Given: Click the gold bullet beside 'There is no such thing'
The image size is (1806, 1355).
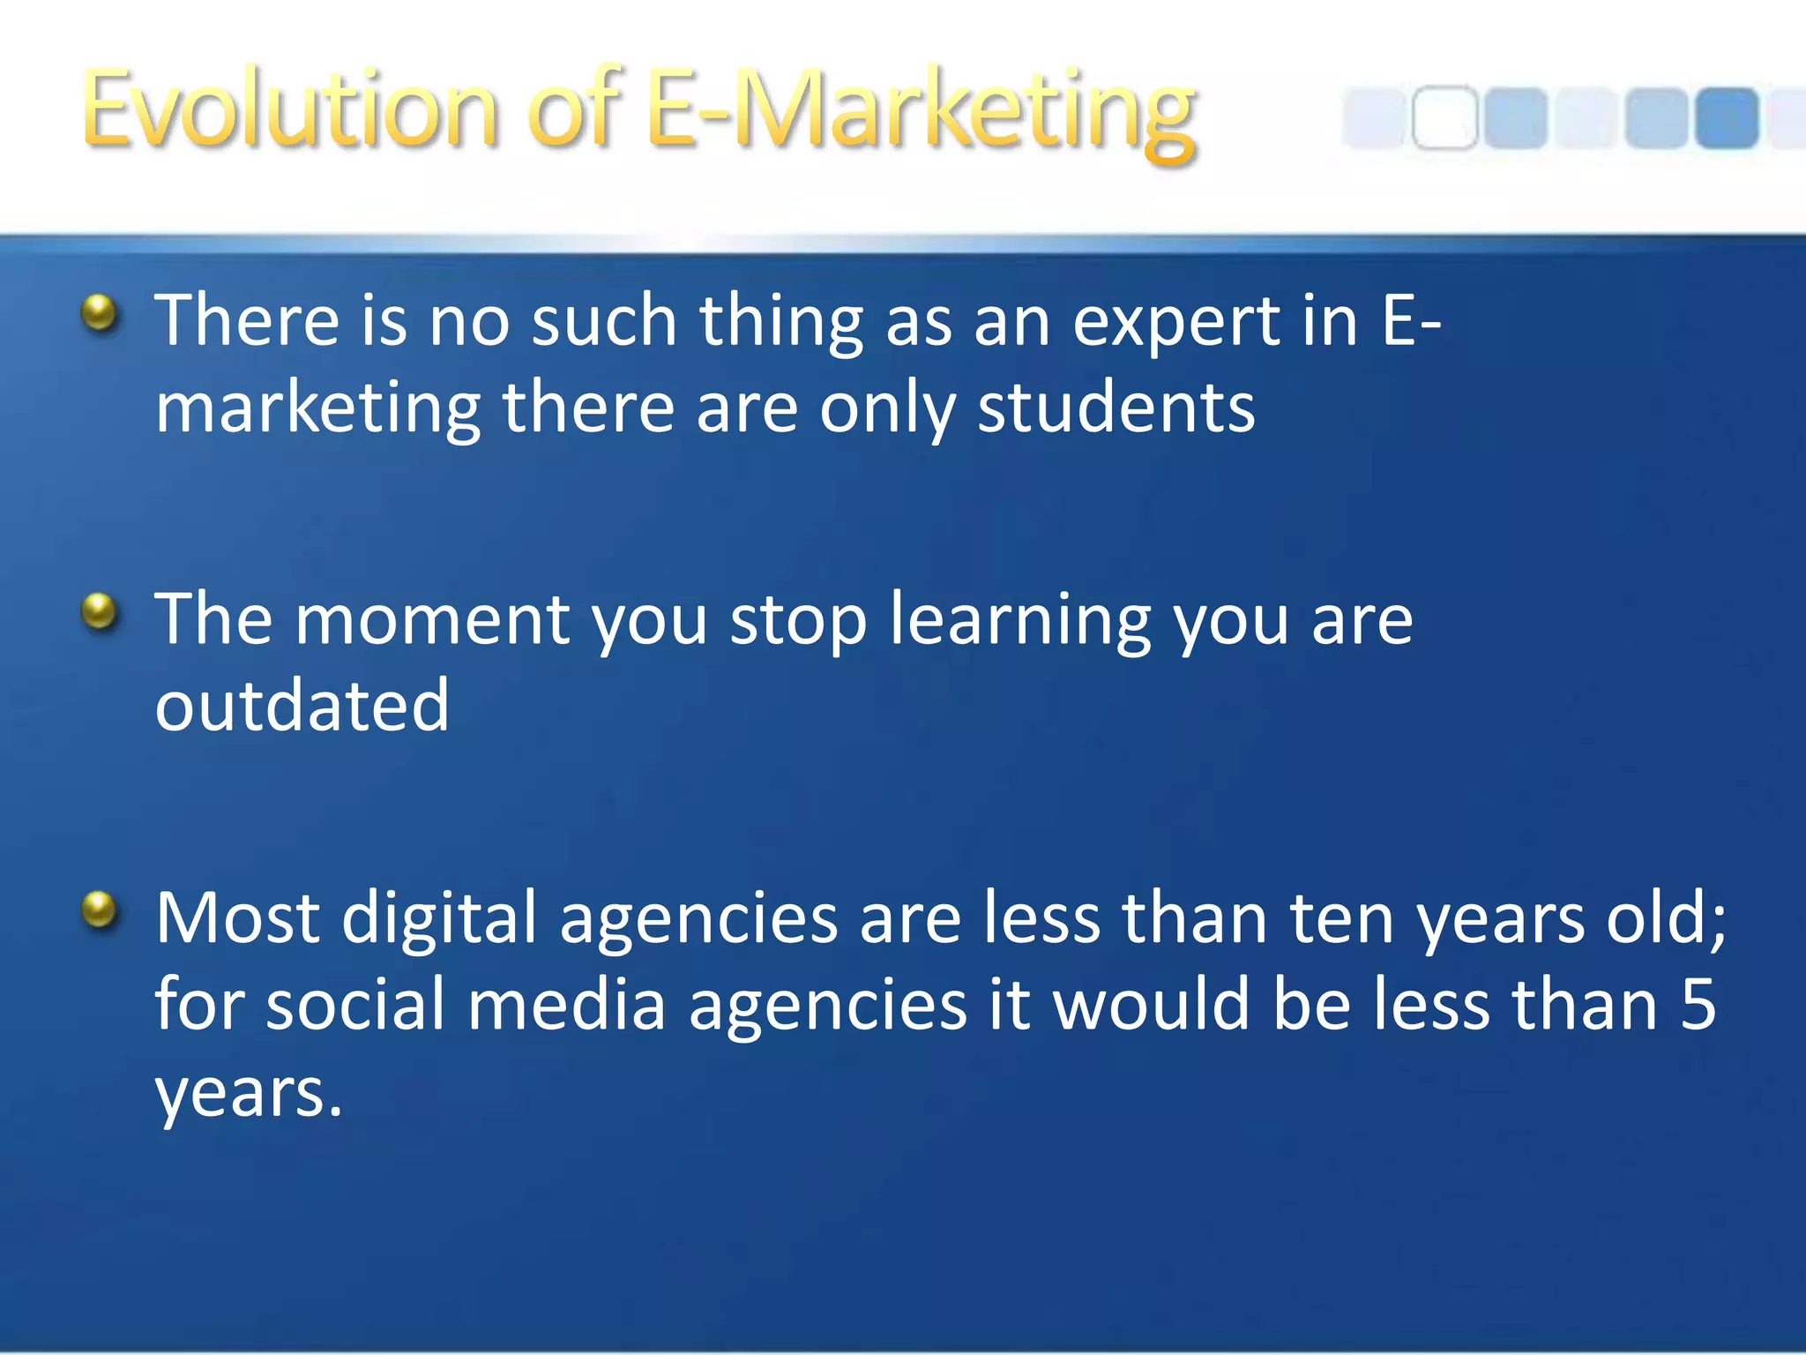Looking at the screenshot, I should click(x=100, y=313).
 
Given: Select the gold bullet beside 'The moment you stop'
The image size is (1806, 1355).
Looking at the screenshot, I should click(x=100, y=611).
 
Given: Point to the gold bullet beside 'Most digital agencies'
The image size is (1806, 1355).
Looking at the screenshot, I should click(x=100, y=910).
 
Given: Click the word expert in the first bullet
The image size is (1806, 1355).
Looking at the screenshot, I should click(x=1176, y=322).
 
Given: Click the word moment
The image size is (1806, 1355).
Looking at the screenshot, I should click(x=432, y=620).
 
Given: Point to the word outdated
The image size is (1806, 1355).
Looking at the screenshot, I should click(x=302, y=706).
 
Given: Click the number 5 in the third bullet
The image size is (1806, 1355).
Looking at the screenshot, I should click(x=1698, y=1006).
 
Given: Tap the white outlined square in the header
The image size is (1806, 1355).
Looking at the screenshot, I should click(x=1444, y=117).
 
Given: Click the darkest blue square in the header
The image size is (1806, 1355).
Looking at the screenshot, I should click(x=1726, y=117).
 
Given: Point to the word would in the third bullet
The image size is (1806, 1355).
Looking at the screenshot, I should click(x=1152, y=1006).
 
